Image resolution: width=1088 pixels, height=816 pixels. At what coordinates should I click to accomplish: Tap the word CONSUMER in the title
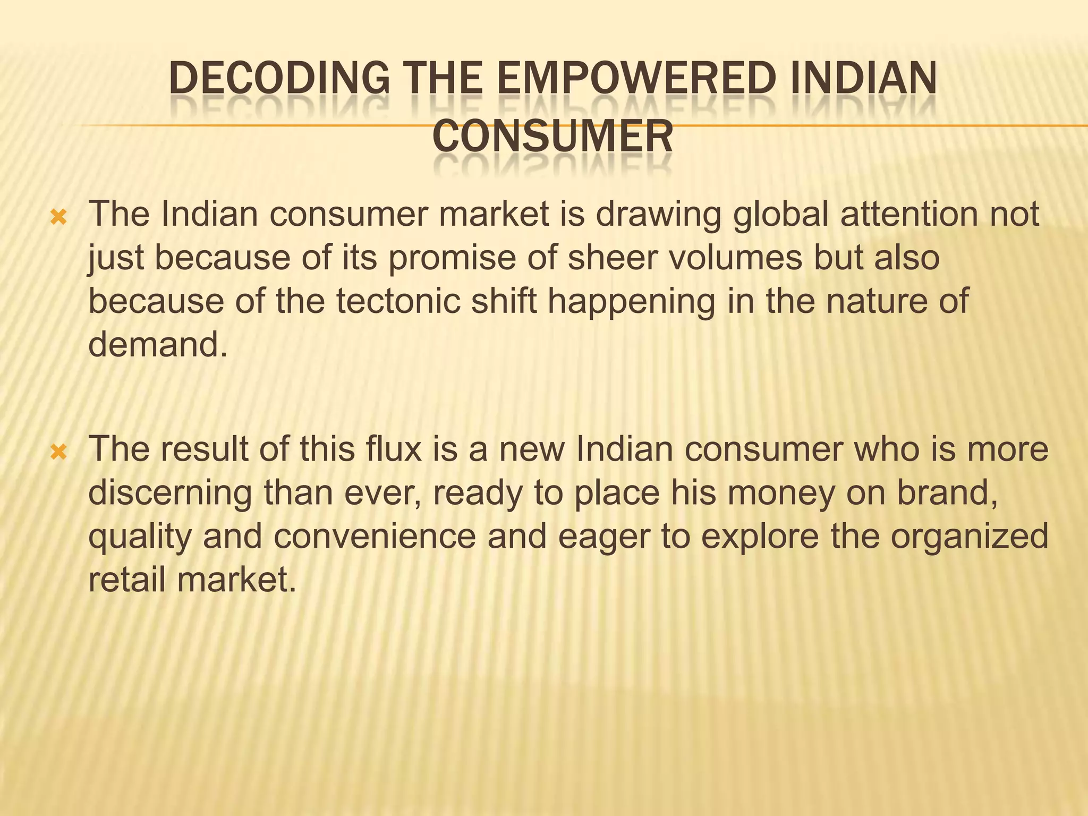coord(552,137)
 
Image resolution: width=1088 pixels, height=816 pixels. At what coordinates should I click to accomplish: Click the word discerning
coord(170,494)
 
